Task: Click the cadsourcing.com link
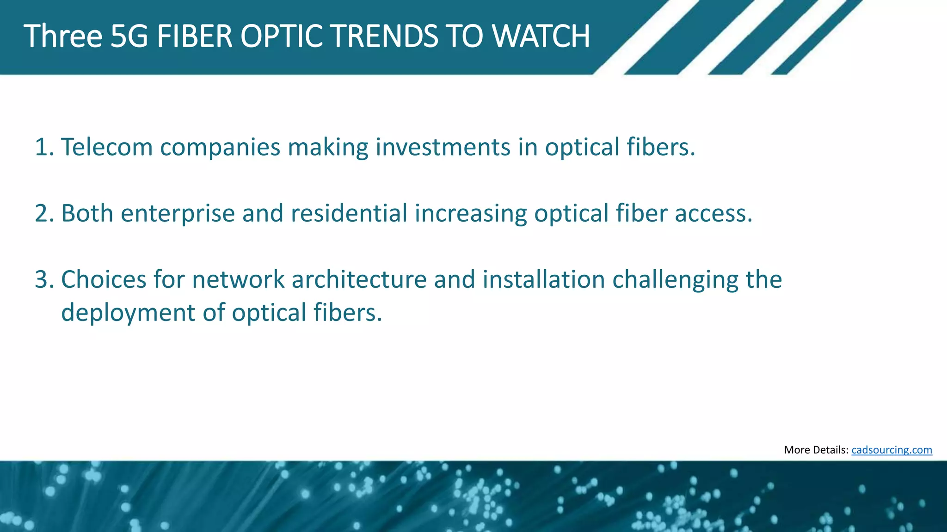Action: coord(891,450)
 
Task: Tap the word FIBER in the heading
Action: coord(194,36)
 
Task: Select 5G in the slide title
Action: coord(129,36)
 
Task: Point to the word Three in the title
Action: coord(63,36)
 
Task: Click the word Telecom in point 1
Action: coord(107,147)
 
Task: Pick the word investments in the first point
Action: coord(443,147)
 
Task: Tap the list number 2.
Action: coord(44,213)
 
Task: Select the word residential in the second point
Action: coord(349,213)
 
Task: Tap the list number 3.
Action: coord(44,280)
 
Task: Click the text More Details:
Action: coord(816,450)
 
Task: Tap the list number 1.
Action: coord(44,147)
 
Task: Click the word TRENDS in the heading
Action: coord(383,36)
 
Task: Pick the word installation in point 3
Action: coord(544,280)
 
